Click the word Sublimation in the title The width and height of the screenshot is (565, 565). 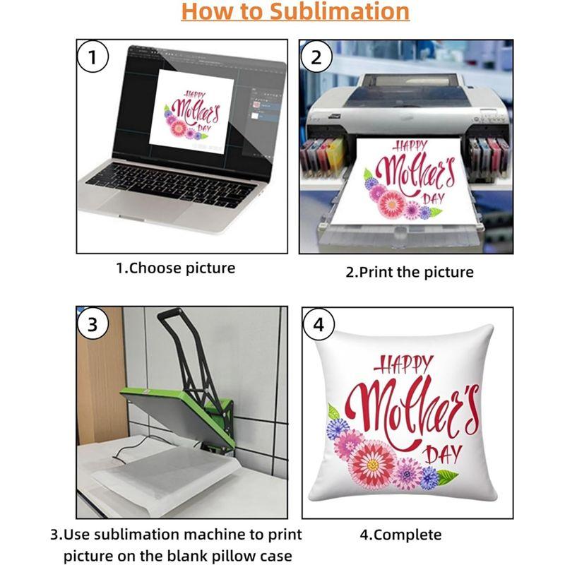pyautogui.click(x=340, y=11)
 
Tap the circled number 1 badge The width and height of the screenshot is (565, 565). pyautogui.click(x=93, y=57)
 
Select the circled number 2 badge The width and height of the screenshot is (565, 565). pyautogui.click(x=316, y=57)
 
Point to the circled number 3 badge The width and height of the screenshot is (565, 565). pyautogui.click(x=93, y=324)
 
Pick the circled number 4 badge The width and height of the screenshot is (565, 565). pyautogui.click(x=319, y=324)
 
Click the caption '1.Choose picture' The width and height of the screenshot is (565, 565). pyautogui.click(x=175, y=268)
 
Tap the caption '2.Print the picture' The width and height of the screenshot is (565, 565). pyautogui.click(x=410, y=272)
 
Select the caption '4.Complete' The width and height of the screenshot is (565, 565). pyautogui.click(x=400, y=535)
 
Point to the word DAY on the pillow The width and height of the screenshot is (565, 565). pyautogui.click(x=444, y=454)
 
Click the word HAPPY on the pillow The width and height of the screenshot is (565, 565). pyautogui.click(x=403, y=364)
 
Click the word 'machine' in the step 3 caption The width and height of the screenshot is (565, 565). pyautogui.click(x=209, y=535)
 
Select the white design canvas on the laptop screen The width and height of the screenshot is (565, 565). pyautogui.click(x=191, y=112)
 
